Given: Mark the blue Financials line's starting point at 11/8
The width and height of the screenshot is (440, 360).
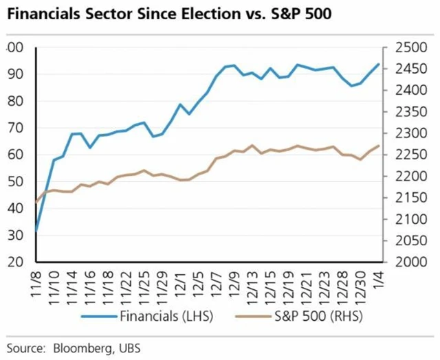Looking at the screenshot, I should click(x=36, y=231).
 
